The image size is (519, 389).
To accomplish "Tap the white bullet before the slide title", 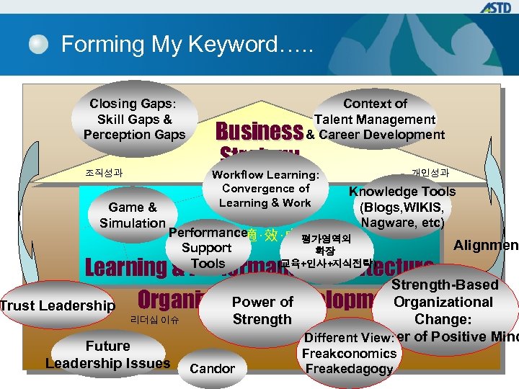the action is coord(39,45).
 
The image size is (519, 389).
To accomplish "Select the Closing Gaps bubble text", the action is coord(134,119).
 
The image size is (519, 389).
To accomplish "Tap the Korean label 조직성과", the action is coord(104,173).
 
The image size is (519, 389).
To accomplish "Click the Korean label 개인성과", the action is coord(430,172).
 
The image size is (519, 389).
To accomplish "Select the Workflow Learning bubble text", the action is coord(265,189).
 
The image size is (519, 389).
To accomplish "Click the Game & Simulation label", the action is coord(133,215).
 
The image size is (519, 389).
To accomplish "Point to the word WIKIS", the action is coord(417,207).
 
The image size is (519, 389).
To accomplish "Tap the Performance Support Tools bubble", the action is coord(207,248).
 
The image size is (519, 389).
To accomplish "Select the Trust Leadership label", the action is coord(58,305).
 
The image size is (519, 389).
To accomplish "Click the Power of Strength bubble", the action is coord(262,310).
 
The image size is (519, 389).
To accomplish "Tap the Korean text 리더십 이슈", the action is coord(154,318).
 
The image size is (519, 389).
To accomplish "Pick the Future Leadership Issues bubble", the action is coord(107,354).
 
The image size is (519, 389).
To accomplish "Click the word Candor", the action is coord(212,369).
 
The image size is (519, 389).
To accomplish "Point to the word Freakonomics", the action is coord(350,353).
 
